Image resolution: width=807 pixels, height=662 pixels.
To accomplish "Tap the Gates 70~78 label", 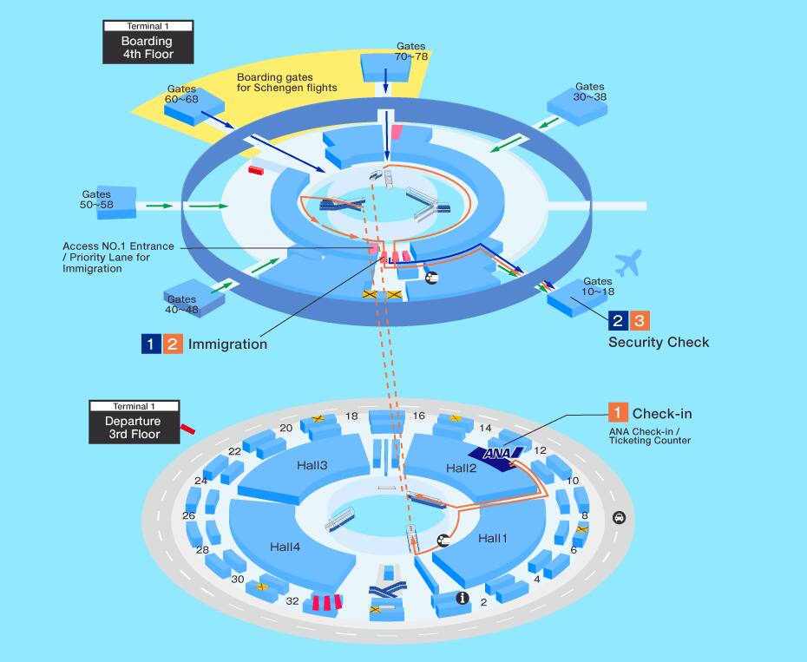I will [x=411, y=50].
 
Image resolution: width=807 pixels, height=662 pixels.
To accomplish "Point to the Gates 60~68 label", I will [x=182, y=95].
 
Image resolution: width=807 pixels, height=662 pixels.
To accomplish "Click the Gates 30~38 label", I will [x=589, y=92].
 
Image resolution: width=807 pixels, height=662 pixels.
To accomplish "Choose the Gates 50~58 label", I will [x=96, y=200].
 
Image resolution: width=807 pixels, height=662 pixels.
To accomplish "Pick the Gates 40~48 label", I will [x=182, y=305].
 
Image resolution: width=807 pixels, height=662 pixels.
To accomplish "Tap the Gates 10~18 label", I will [x=598, y=287].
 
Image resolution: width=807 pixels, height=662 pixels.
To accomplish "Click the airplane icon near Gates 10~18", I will [x=627, y=263].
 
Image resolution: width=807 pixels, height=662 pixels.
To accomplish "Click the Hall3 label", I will [x=311, y=466].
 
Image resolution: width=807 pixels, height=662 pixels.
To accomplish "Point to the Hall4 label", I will [x=285, y=547].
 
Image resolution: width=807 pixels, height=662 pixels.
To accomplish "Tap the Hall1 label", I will [x=492, y=538].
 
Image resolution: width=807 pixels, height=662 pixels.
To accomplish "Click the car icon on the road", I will [x=619, y=518].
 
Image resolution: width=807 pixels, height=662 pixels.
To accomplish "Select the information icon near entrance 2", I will [x=463, y=597].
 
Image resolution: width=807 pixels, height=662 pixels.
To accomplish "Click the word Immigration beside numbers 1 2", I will [x=227, y=344].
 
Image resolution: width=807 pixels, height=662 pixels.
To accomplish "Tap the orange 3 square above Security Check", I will [x=639, y=320].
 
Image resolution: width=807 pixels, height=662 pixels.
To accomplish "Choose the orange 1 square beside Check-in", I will [x=618, y=413].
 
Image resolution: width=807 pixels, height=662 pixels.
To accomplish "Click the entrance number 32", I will [x=292, y=600].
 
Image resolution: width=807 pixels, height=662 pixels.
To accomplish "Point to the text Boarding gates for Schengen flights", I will [x=286, y=82].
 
